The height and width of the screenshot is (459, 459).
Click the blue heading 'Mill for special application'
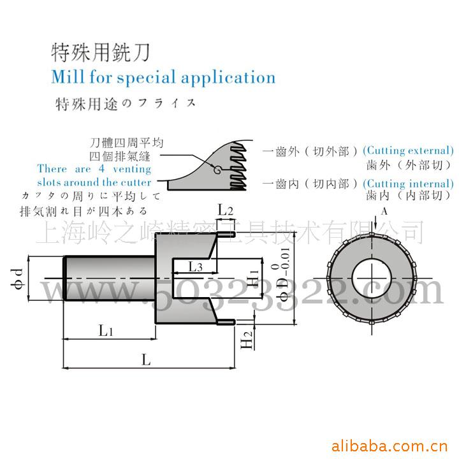tap(163, 78)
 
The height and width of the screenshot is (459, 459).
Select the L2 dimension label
tap(226, 209)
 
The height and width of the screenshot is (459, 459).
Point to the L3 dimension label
tap(195, 267)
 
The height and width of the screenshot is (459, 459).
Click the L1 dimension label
tap(106, 330)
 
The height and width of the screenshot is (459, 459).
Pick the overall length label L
tap(146, 360)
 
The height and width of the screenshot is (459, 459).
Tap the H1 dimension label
tap(254, 278)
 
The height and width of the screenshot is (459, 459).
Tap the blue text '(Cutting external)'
tap(408, 151)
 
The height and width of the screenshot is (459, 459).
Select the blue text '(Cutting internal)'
tap(408, 184)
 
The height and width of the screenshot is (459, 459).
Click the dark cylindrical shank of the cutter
tap(108, 278)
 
